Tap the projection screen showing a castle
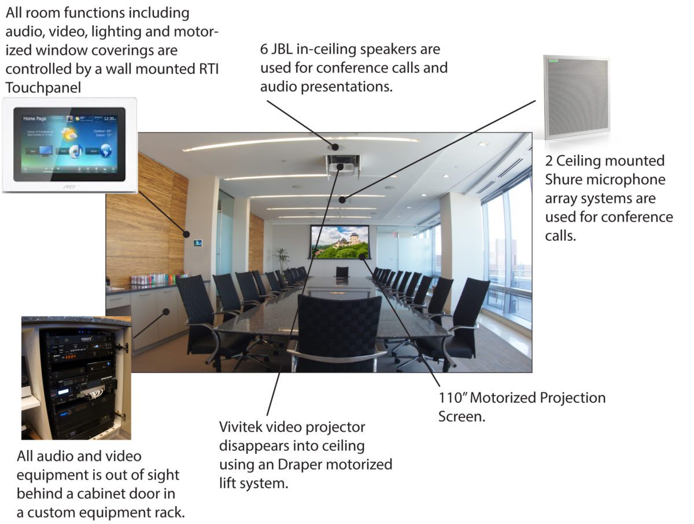tap(340, 241)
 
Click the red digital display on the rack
tap(71, 357)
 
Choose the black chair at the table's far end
tap(342, 272)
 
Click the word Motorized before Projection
tap(509, 398)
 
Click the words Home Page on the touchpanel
tap(35, 118)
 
